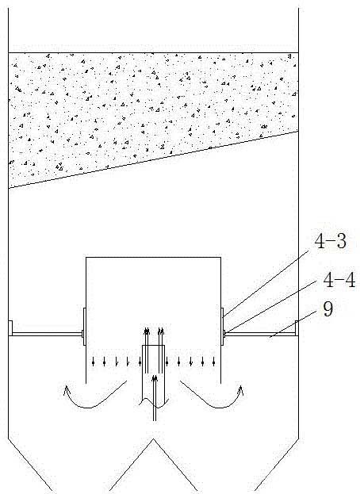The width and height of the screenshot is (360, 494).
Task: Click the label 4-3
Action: (x=331, y=242)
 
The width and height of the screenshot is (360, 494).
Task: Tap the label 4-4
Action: (x=339, y=280)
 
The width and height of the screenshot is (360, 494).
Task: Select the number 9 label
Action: (x=327, y=309)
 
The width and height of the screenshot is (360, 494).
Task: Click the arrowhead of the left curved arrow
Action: (x=67, y=390)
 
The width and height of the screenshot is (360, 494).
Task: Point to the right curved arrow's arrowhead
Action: (x=240, y=390)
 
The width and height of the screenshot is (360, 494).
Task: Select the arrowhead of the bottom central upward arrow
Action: (x=155, y=378)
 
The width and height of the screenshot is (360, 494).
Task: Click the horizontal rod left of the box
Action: (x=47, y=334)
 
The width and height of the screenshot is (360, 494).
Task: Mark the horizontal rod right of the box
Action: (x=259, y=334)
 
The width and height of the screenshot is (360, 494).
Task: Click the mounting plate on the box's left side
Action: (x=84, y=327)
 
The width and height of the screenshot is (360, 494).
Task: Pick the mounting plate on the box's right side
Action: (x=222, y=327)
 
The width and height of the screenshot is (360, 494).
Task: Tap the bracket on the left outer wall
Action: (x=10, y=328)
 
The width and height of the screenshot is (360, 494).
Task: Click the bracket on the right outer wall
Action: (x=297, y=328)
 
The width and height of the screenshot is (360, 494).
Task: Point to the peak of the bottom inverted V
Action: (x=153, y=438)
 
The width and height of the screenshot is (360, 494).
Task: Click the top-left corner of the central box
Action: (x=86, y=258)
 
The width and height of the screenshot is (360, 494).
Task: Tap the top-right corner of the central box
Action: (x=220, y=258)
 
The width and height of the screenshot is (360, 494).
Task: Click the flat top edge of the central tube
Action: (x=153, y=346)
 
